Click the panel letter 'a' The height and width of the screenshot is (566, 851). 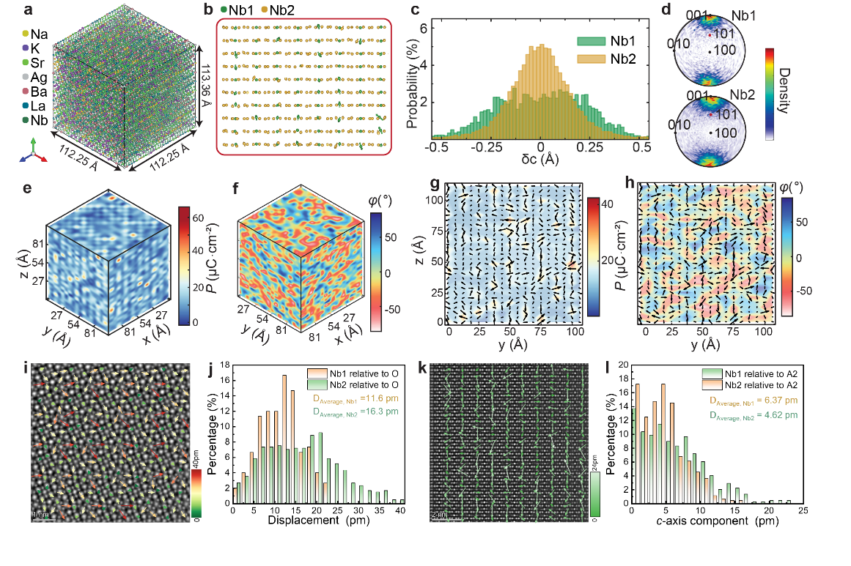[x=27, y=10]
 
